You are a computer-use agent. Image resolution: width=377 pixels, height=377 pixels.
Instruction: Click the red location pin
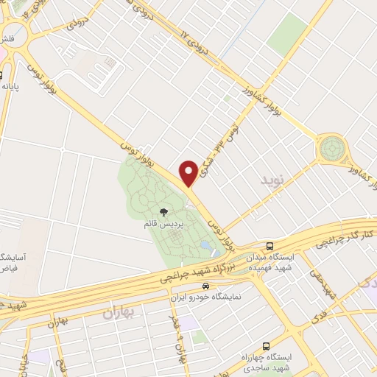188,172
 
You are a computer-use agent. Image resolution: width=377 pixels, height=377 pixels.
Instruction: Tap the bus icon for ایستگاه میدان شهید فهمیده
269,246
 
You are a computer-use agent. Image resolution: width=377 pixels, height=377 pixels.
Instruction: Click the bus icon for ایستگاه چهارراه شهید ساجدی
267,345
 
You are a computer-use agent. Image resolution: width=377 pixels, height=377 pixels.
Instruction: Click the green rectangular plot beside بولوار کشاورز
287,33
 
